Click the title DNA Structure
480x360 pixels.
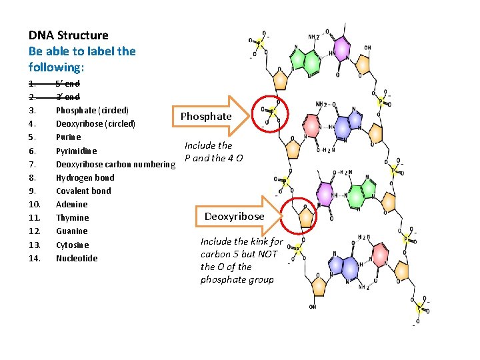(x=69, y=35)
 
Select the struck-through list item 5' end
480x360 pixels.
(x=68, y=83)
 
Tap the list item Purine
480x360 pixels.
(x=69, y=137)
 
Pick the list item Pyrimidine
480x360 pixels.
(x=76, y=151)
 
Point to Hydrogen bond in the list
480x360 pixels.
(x=85, y=177)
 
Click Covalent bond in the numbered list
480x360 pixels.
(x=83, y=191)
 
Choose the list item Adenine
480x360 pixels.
(x=71, y=204)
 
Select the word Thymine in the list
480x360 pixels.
(x=72, y=218)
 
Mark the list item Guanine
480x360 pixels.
(x=71, y=231)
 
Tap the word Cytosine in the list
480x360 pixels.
(x=72, y=245)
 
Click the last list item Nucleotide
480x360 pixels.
(x=77, y=258)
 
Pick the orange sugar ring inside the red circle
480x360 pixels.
(x=306, y=216)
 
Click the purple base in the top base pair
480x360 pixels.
(x=341, y=47)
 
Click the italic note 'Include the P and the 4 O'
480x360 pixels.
(x=213, y=151)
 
